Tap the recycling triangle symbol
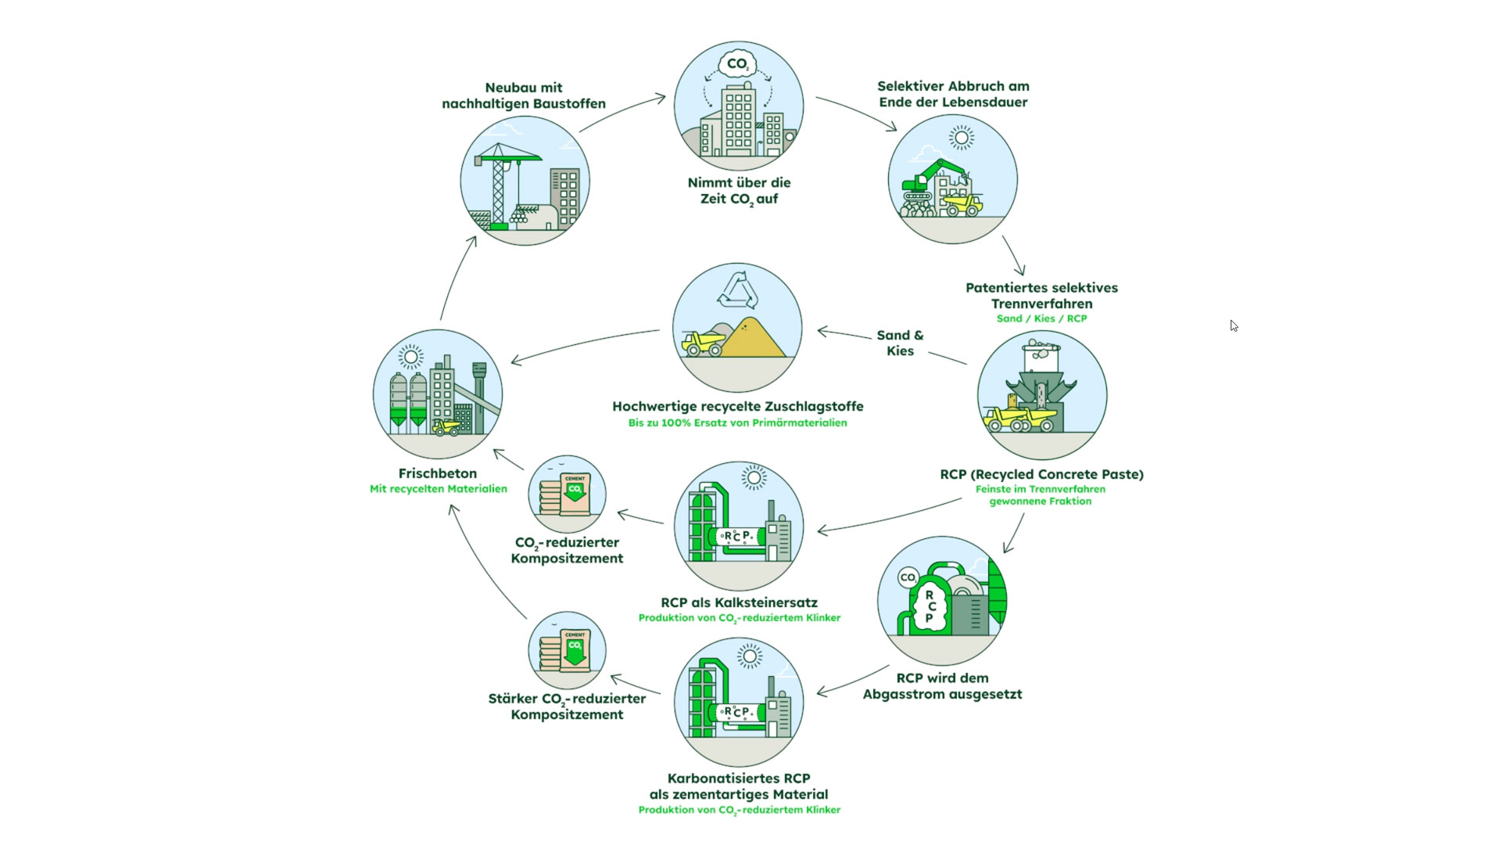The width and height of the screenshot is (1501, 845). [737, 290]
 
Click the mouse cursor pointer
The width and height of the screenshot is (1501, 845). [1233, 325]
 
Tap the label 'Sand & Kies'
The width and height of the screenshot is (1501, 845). [900, 343]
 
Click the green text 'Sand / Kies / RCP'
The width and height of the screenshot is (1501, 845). [1041, 318]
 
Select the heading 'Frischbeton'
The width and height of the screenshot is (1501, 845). [437, 473]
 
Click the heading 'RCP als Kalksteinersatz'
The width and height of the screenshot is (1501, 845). [739, 602]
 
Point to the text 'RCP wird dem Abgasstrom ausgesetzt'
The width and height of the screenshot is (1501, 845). [942, 686]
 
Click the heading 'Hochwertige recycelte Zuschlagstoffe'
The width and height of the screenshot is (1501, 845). [737, 406]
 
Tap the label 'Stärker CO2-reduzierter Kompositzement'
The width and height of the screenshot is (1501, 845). [567, 707]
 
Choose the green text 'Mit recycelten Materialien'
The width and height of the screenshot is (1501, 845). [438, 489]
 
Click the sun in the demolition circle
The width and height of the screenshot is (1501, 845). [961, 138]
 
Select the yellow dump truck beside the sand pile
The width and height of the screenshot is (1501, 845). [702, 343]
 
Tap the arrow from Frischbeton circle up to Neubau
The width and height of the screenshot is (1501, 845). [457, 278]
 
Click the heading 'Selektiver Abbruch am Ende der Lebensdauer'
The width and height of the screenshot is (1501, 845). [953, 94]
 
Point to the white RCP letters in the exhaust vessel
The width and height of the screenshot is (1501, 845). [930, 606]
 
